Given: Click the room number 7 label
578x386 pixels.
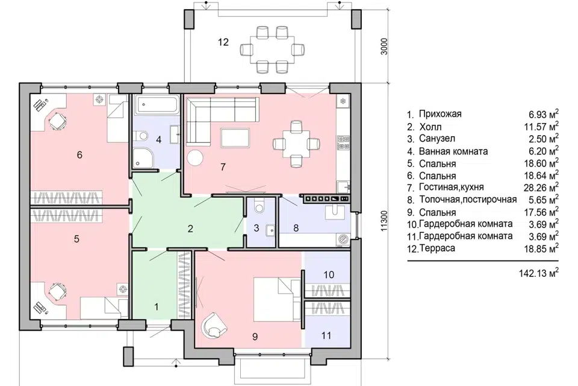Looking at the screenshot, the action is tap(223, 167).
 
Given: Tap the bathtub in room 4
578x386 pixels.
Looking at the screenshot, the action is tap(157, 104).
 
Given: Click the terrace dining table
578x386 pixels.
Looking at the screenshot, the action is tap(272, 49).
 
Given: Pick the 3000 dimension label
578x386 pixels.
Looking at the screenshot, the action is tap(385, 46).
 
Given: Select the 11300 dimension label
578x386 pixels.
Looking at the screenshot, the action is tap(384, 221).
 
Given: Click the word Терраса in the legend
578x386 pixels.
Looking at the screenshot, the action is tap(437, 248).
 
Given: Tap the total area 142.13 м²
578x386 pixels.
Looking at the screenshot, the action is tap(538, 273).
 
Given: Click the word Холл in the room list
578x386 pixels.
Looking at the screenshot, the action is tap(430, 127).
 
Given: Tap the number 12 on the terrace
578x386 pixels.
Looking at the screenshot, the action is tap(223, 42).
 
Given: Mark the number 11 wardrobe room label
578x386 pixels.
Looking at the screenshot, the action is tap(326, 335).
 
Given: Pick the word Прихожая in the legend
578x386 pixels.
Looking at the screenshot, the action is tap(440, 114).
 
